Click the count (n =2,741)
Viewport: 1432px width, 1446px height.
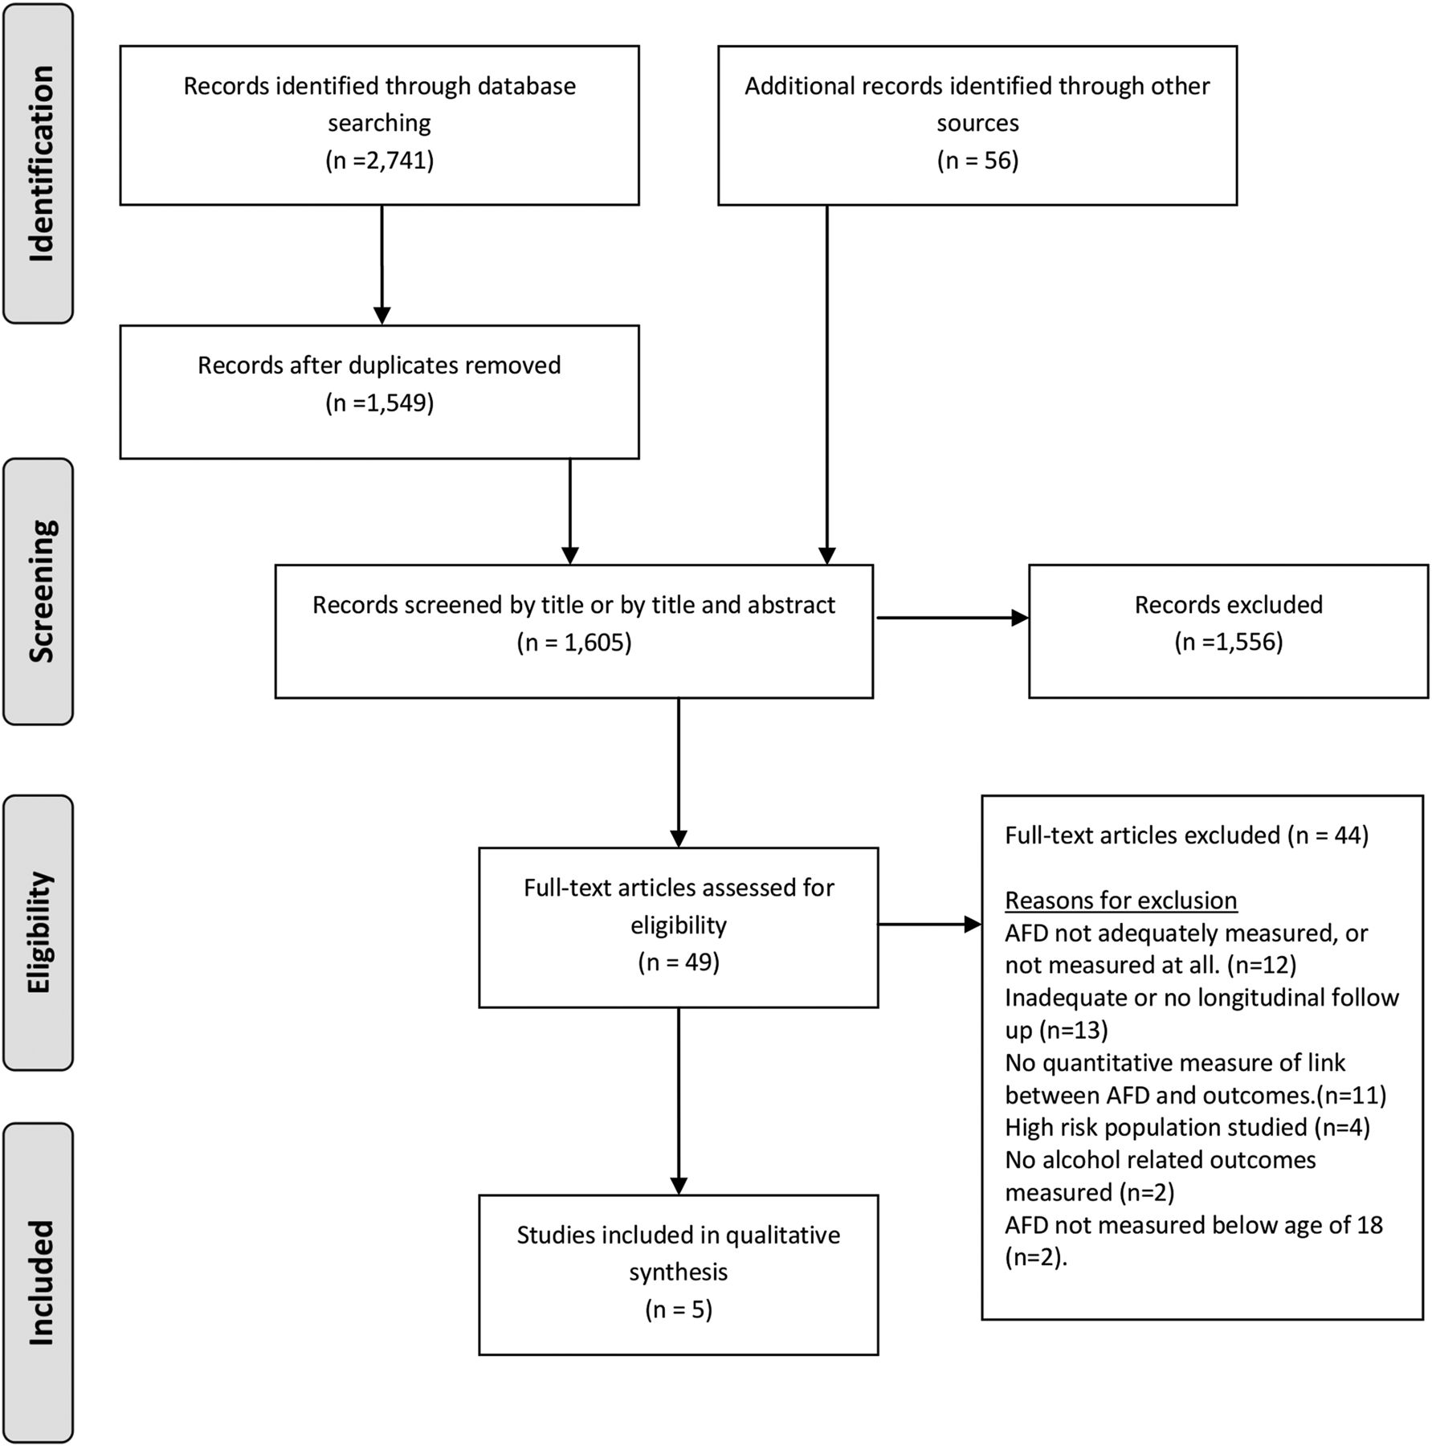point(380,161)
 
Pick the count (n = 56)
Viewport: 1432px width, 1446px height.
point(977,161)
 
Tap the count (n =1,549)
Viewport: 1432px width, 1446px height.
point(380,402)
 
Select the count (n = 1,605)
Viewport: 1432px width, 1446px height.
point(574,642)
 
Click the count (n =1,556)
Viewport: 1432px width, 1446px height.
point(1229,642)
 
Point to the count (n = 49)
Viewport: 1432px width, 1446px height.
point(679,962)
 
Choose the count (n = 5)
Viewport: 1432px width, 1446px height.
point(679,1309)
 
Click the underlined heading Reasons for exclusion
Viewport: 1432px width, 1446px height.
point(1121,901)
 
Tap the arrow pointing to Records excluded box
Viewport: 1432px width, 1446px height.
point(953,618)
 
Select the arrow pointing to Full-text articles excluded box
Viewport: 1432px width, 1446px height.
point(930,925)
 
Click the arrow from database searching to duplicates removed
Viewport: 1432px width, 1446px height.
point(382,265)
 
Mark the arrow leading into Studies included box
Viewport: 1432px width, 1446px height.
point(679,1101)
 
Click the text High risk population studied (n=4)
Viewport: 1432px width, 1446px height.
point(1188,1127)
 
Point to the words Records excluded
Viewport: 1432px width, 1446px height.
point(1229,605)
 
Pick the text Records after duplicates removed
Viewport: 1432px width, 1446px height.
point(380,366)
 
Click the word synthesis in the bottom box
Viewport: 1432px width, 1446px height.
point(679,1272)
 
